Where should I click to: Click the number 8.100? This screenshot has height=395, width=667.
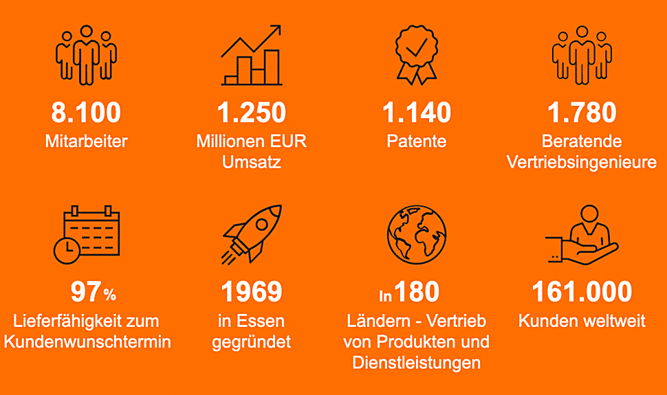tap(86, 112)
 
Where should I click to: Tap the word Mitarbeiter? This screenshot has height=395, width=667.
tap(87, 141)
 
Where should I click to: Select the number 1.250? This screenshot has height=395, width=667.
tap(252, 112)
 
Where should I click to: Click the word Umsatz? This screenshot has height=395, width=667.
tap(252, 162)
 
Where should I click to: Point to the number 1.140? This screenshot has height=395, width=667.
tap(417, 112)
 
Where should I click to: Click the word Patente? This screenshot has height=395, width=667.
tap(417, 141)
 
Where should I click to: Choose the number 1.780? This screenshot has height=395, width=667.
tap(582, 112)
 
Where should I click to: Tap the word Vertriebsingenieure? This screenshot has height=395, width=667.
tap(582, 162)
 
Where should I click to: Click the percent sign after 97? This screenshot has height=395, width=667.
tap(109, 295)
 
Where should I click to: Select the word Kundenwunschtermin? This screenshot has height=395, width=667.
tap(87, 342)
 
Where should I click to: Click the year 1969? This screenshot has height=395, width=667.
tap(252, 292)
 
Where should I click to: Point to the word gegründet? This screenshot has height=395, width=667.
tap(252, 342)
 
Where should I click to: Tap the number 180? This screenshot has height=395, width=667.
tap(417, 292)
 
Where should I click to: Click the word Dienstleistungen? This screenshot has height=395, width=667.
tap(417, 363)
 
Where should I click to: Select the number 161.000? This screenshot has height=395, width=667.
tap(582, 292)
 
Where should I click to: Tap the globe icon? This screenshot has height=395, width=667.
tap(417, 234)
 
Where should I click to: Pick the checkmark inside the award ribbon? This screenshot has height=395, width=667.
tap(417, 47)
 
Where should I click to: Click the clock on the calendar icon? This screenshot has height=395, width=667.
tap(67, 251)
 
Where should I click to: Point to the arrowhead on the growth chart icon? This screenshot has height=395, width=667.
tap(275, 30)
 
